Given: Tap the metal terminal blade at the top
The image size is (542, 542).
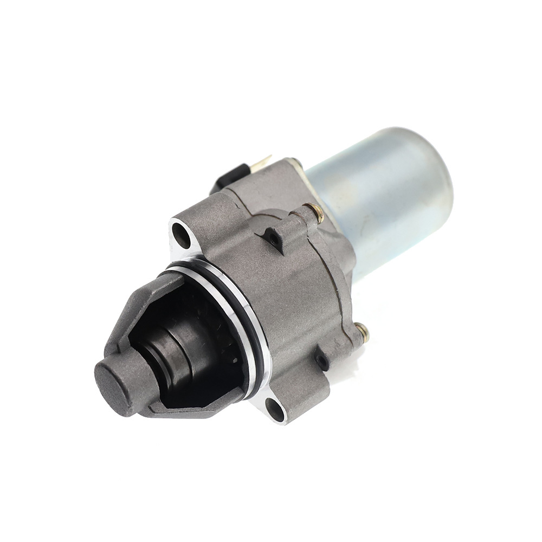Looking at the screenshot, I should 263,161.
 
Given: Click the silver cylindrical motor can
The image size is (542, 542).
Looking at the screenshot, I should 379,195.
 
